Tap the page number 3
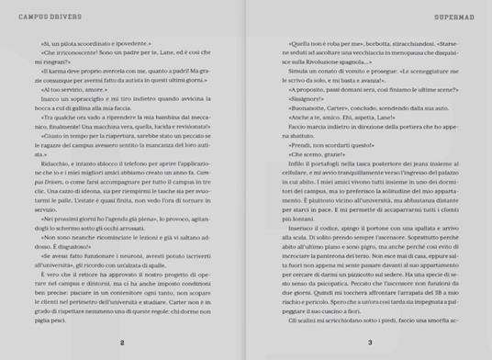pos(368,343)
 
